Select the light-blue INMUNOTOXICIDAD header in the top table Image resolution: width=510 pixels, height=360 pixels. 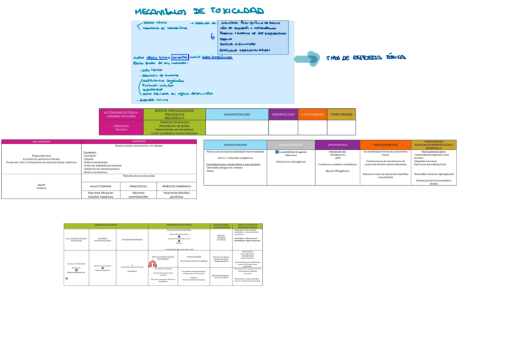point(236,114)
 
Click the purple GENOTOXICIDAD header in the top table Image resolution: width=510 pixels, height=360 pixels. point(283,114)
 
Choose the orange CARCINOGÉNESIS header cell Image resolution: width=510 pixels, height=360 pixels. point(312,114)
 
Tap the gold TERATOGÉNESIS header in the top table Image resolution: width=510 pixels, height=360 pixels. point(341,114)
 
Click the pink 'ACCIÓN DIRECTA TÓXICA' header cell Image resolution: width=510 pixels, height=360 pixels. point(121,114)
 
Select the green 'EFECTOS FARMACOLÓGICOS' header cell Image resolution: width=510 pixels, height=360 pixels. point(174,114)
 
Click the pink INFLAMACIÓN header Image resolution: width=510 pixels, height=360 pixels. point(41,142)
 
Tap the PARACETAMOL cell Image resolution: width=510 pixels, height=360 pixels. point(139,186)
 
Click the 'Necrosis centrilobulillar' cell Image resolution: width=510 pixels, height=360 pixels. point(139,194)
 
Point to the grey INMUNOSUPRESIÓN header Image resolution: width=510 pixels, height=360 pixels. point(290,145)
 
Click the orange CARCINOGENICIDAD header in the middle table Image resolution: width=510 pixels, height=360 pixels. point(386,145)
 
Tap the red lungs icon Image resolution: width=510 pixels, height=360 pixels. point(152,262)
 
